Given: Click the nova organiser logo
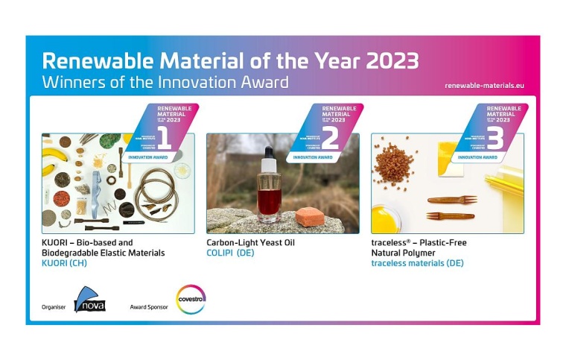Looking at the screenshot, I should (x=90, y=300).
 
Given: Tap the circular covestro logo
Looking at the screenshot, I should (x=190, y=300).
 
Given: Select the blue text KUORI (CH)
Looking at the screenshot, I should (x=67, y=264).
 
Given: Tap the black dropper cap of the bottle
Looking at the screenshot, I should (x=268, y=156).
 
